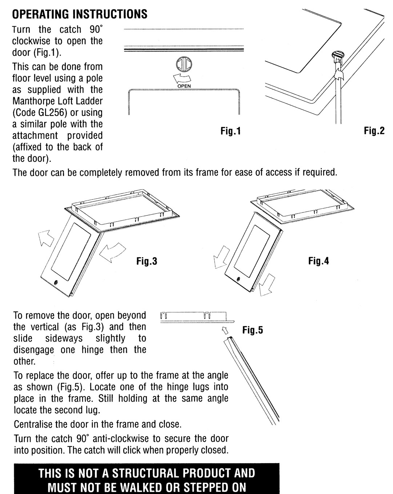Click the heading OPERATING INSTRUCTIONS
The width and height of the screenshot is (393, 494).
[80, 14]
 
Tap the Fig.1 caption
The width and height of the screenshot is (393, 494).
[230, 131]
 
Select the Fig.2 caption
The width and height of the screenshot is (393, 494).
[374, 131]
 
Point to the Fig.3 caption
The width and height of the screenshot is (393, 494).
[147, 261]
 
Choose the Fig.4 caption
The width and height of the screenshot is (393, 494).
[318, 261]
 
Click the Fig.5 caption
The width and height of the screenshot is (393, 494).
[252, 330]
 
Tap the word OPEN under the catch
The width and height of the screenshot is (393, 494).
[184, 86]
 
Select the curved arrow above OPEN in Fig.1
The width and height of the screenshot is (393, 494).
[182, 78]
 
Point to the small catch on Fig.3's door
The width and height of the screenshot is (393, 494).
[55, 282]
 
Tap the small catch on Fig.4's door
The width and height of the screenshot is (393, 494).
[238, 280]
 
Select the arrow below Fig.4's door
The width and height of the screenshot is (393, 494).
[266, 285]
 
